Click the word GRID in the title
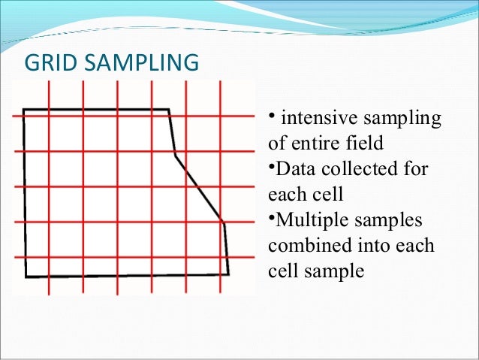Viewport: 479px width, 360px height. pyautogui.click(x=46, y=62)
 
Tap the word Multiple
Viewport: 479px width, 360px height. pyautogui.click(x=306, y=220)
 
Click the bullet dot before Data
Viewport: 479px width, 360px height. pyautogui.click(x=270, y=165)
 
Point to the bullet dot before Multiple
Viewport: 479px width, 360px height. pyautogui.click(x=270, y=217)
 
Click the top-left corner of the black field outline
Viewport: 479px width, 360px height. pyautogui.click(x=24, y=110)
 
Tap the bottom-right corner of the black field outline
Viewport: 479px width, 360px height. pyautogui.click(x=227, y=274)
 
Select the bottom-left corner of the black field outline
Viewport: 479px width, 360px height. pyautogui.click(x=26, y=277)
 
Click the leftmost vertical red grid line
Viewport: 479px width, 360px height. pyautogui.click(x=49, y=188)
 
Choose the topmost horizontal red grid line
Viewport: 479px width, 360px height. pyautogui.click(x=135, y=116)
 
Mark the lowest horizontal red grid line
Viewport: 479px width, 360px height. pyautogui.click(x=135, y=257)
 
